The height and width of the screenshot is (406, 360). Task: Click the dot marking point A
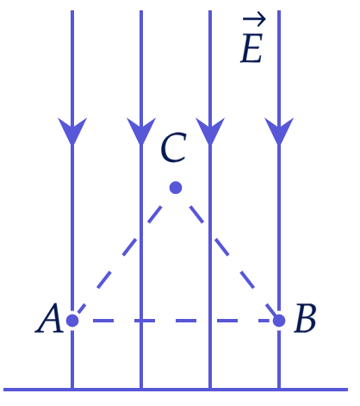coord(72,321)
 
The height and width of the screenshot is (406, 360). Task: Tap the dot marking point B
coord(279,321)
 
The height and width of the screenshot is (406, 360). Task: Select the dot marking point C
coord(176,188)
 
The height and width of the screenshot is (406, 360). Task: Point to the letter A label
coord(49,318)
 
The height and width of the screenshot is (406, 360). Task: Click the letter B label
coord(305,318)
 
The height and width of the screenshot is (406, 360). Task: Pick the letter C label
coord(173,147)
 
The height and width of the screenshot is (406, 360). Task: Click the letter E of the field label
coord(251,48)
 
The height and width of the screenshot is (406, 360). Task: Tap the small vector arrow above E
coord(254,19)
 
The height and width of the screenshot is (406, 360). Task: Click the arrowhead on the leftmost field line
coord(72,130)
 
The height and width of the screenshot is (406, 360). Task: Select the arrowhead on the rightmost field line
coord(279,130)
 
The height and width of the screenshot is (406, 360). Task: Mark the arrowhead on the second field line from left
coord(141,130)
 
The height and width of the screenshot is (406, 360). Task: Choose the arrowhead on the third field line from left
coord(210,130)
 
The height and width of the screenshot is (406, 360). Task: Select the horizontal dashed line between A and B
coord(176,321)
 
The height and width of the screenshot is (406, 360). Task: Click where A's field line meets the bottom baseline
coord(72,390)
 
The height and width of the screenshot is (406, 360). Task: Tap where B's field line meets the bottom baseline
coord(279,390)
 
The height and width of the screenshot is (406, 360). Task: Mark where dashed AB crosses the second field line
coord(141,321)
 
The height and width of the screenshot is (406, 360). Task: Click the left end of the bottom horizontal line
coord(3,390)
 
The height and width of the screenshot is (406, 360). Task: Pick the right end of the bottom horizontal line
coord(348,390)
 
